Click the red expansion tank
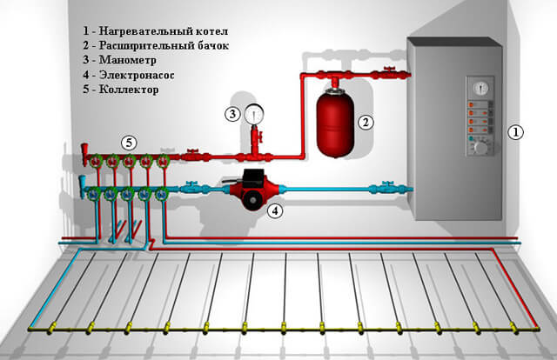333,123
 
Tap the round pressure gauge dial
255,113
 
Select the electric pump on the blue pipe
248,190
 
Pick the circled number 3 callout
232,113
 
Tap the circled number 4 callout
274,210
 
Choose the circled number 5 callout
129,141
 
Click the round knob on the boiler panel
479,147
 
